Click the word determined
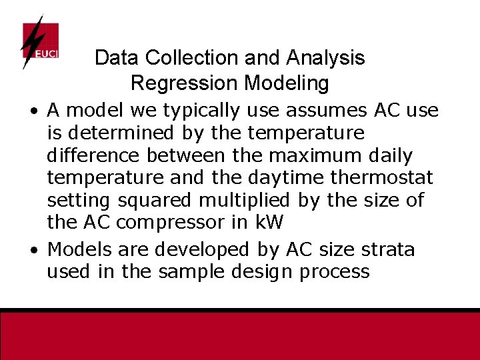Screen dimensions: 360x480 coord(119,133)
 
